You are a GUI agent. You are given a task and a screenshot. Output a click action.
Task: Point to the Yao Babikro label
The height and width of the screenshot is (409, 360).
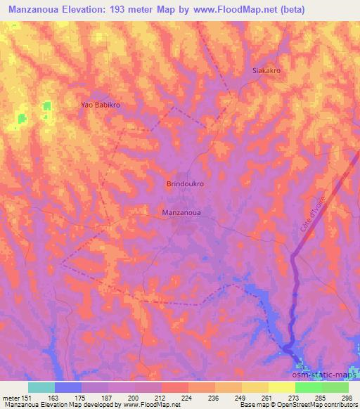click(x=102, y=105)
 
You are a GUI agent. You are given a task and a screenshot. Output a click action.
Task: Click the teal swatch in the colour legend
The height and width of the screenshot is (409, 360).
click(x=41, y=387)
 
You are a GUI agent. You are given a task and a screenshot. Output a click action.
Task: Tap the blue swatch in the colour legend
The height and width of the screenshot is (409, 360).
click(x=68, y=387)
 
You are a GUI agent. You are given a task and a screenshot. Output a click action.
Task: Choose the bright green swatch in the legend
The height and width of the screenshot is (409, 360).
click(x=309, y=387)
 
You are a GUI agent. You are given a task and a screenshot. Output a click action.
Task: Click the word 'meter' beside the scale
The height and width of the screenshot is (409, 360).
click(x=10, y=398)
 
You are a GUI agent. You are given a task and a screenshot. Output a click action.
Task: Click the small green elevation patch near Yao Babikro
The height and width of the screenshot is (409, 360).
click(x=47, y=106)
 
